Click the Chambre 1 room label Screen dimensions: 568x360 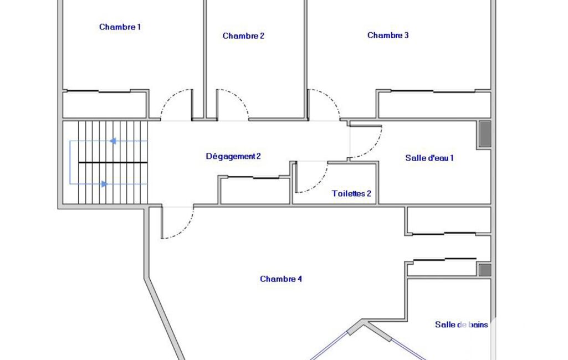click(120, 27)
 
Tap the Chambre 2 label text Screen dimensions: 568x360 click(243, 35)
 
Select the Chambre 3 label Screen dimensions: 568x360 click(388, 35)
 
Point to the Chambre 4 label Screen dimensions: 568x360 click(281, 279)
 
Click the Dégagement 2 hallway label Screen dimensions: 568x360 click(233, 156)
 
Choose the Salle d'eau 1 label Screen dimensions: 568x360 click(429, 158)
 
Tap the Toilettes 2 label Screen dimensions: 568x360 click(351, 193)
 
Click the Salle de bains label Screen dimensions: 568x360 click(462, 325)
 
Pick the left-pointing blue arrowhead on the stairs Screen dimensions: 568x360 click(113, 141)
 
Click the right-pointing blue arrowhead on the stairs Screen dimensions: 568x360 click(104, 184)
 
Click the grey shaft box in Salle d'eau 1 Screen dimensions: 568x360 click(485, 134)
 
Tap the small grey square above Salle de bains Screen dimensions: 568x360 click(485, 270)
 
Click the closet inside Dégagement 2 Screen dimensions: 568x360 click(255, 191)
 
